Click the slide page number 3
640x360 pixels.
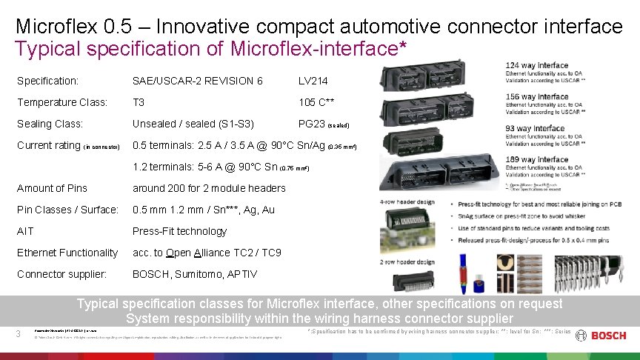[19, 334]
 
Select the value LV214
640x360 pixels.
[313, 81]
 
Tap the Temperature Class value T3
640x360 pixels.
[139, 102]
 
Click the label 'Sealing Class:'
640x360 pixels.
[50, 124]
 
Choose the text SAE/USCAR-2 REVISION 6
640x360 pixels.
[197, 81]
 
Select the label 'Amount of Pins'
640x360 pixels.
[52, 188]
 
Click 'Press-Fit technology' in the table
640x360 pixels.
[179, 231]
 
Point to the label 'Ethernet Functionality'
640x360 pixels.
[67, 253]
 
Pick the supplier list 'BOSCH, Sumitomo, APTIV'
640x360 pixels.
[195, 274]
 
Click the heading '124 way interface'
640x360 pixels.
[537, 65]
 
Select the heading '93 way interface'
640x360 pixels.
[535, 128]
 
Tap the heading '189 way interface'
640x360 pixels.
[537, 159]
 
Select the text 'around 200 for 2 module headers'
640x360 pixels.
[209, 188]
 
